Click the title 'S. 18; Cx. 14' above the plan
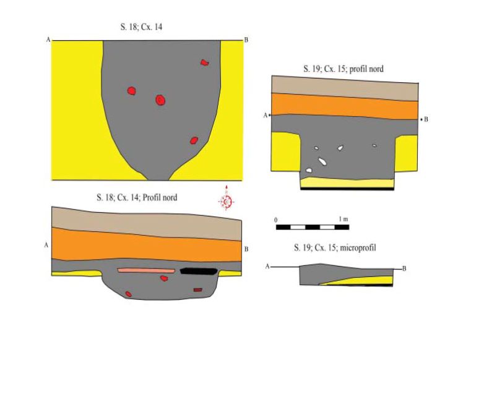(141, 27)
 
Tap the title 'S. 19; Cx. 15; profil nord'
(344, 69)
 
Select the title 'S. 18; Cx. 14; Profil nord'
(137, 197)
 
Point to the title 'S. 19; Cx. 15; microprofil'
(335, 248)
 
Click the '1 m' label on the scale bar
(344, 219)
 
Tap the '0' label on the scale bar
(275, 220)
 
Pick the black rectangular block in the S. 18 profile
(199, 271)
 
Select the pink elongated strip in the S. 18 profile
(146, 271)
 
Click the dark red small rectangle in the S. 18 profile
(198, 290)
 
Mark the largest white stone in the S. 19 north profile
(322, 161)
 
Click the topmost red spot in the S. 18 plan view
(204, 62)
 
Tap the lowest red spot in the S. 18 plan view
(194, 140)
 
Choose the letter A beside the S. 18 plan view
(48, 40)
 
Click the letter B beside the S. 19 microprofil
(404, 269)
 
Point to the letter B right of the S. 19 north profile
(426, 119)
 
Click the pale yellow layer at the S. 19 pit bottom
(347, 182)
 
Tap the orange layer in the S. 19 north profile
(345, 106)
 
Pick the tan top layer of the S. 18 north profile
(147, 223)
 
